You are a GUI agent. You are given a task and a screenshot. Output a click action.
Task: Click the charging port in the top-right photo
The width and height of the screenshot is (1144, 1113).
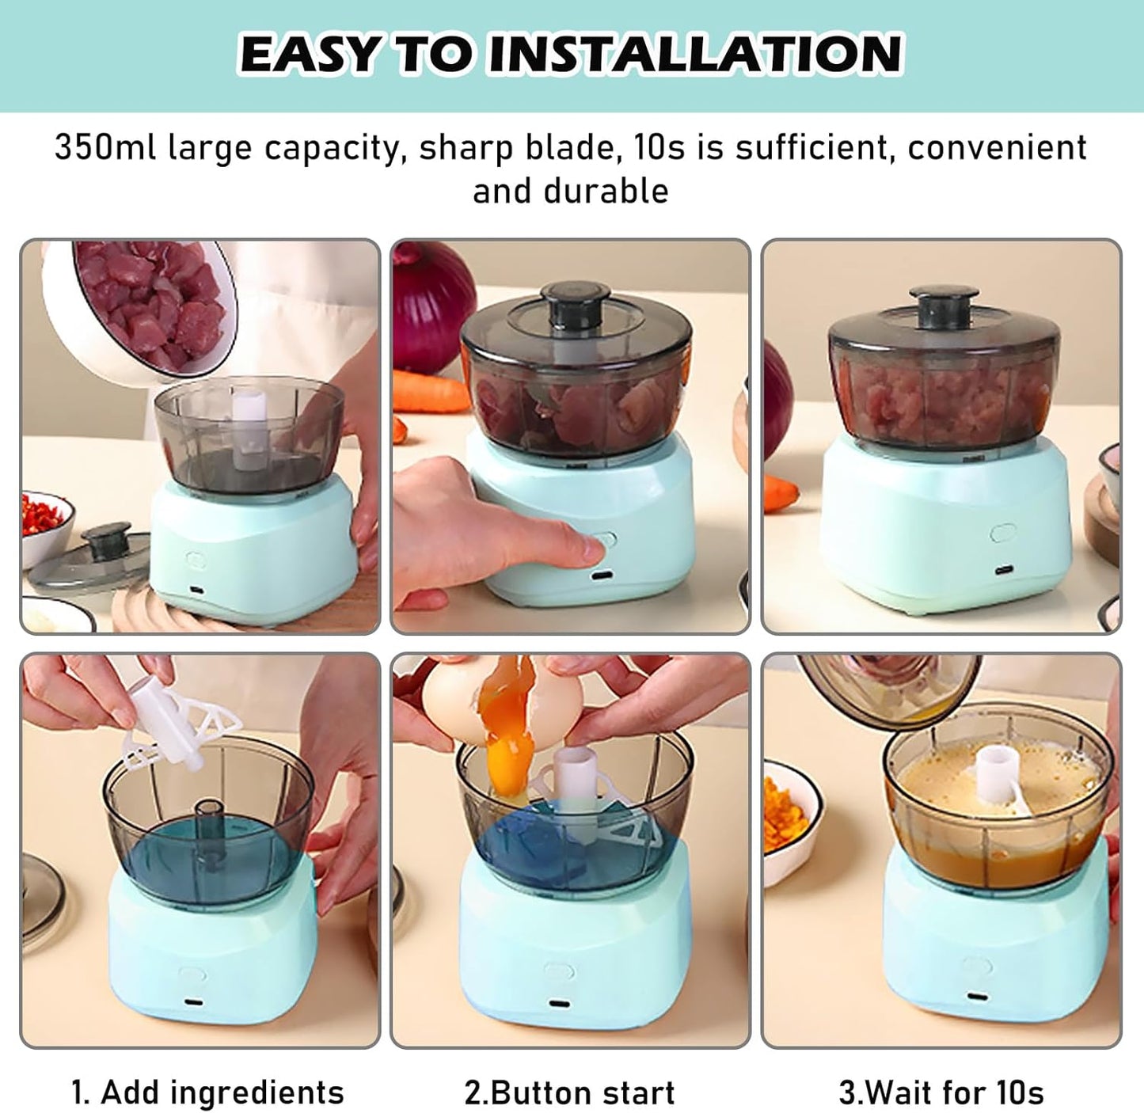1004,570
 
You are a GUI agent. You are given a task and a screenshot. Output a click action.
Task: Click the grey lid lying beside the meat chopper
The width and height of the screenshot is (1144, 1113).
88,559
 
